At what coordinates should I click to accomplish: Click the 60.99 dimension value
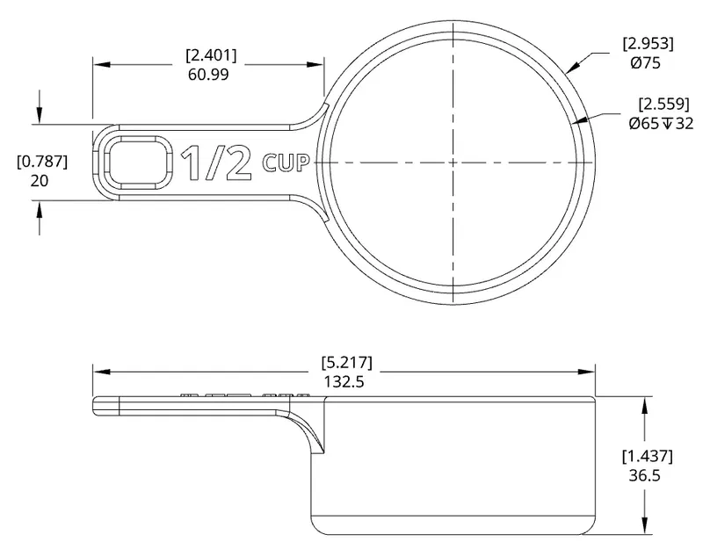[211, 76]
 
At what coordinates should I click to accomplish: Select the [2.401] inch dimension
[211, 55]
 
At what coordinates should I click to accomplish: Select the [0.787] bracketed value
[41, 162]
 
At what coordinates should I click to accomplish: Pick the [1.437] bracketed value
[648, 456]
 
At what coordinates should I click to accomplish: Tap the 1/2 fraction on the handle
[217, 163]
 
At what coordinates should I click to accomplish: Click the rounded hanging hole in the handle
[137, 162]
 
